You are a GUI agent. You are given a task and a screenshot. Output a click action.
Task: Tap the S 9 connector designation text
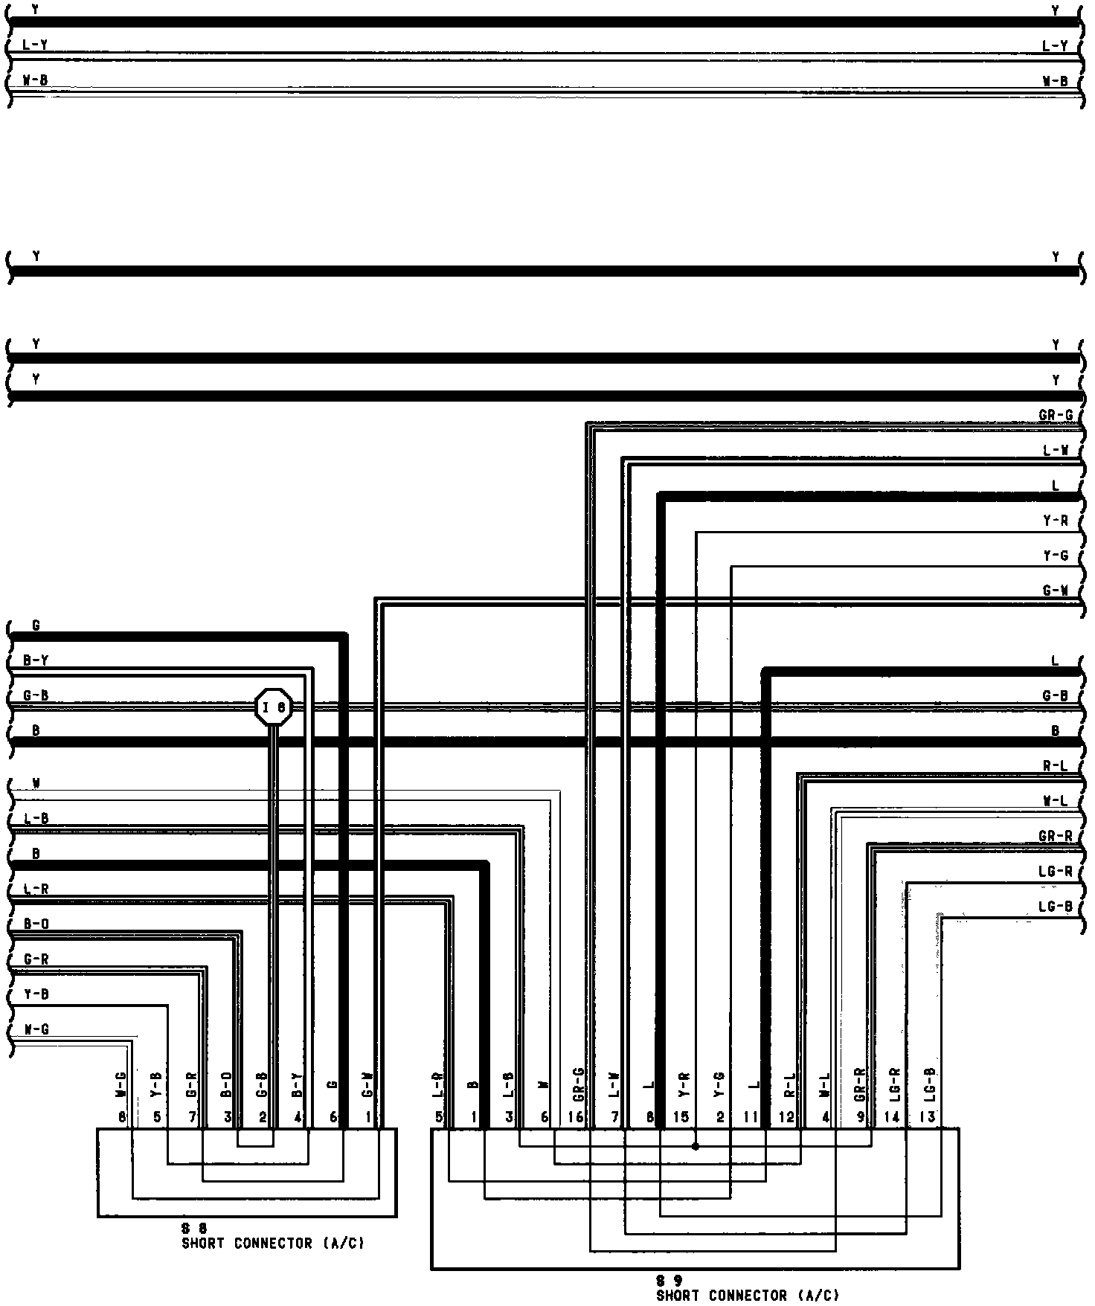[669, 1281]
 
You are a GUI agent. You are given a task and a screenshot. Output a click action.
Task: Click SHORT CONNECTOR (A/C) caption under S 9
[747, 1296]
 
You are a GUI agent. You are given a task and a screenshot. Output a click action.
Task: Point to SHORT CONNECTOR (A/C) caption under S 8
[273, 1244]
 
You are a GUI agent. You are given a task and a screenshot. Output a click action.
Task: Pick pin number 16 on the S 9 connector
[576, 1117]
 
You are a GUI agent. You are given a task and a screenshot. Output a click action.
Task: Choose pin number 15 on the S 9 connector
[681, 1117]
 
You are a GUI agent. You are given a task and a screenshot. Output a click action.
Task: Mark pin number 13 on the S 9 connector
[928, 1117]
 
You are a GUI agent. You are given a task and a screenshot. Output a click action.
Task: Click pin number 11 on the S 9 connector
[751, 1117]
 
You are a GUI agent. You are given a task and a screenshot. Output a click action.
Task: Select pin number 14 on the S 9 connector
[892, 1117]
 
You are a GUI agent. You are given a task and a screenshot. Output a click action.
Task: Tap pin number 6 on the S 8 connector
[334, 1117]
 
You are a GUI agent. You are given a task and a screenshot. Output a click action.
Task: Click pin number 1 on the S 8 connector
[368, 1117]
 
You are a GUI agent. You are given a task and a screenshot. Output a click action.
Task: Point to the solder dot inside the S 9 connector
[696, 1146]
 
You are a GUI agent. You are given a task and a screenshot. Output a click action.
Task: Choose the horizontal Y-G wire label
[1056, 556]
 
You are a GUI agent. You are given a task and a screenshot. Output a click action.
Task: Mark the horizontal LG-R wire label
[1056, 871]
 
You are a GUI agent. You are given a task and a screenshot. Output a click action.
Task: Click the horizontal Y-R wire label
[1056, 521]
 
